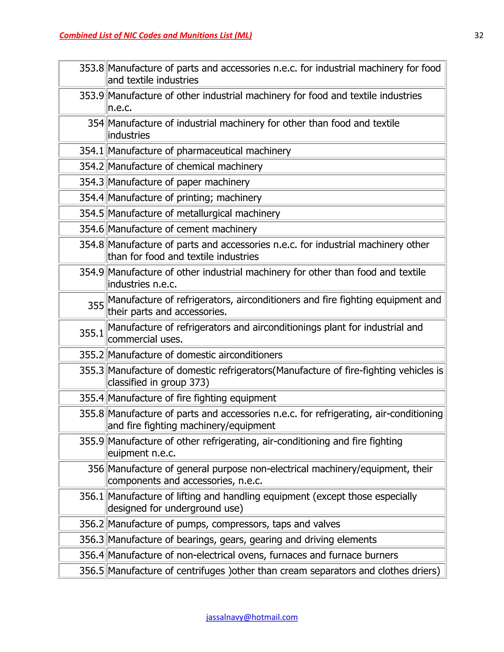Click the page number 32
click(479, 35)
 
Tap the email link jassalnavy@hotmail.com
click(252, 617)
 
